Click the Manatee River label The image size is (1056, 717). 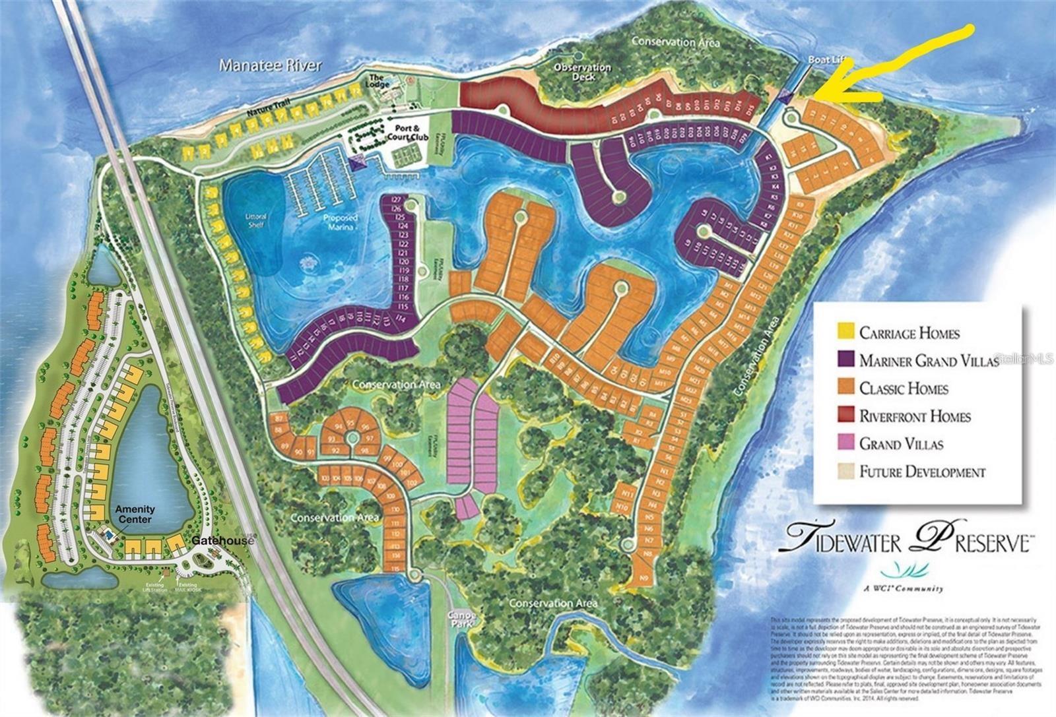pyautogui.click(x=271, y=65)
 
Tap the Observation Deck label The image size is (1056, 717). pyautogui.click(x=583, y=72)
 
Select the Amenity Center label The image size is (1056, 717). pyautogui.click(x=135, y=514)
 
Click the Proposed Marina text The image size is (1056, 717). pyautogui.click(x=340, y=222)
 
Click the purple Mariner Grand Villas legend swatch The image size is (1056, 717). pyautogui.click(x=845, y=359)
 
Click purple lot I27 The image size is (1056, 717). pyautogui.click(x=397, y=200)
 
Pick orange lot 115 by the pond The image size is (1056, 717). pyautogui.click(x=396, y=568)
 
